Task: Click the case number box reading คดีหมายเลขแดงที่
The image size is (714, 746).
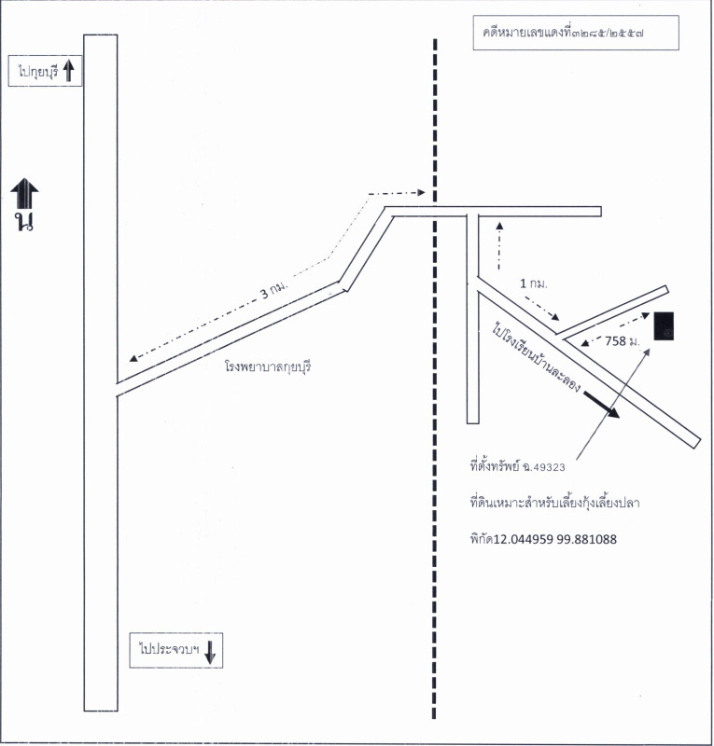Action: click(x=575, y=33)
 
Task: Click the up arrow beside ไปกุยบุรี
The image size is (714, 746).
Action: click(x=69, y=71)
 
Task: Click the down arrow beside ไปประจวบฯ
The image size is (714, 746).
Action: click(x=210, y=652)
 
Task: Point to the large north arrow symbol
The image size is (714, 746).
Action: click(x=25, y=193)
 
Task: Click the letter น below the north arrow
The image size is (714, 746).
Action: click(x=24, y=222)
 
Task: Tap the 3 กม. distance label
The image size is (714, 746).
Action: click(x=274, y=289)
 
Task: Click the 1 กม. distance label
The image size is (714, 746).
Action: click(x=534, y=283)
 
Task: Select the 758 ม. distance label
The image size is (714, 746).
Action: click(x=623, y=341)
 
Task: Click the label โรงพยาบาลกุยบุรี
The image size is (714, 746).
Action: click(x=268, y=366)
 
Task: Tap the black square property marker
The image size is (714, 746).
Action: click(x=664, y=325)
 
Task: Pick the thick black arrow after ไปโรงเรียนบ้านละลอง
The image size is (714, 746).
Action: click(x=602, y=405)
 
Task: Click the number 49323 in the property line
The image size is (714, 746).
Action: click(x=549, y=467)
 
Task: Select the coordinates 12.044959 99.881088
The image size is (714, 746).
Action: click(x=555, y=539)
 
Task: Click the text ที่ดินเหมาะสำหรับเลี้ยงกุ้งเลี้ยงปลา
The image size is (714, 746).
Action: click(x=554, y=503)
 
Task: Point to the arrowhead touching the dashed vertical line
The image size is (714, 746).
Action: click(x=421, y=192)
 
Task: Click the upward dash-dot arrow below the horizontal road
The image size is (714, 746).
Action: click(x=499, y=245)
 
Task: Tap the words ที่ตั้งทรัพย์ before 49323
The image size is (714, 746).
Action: click(x=495, y=465)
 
